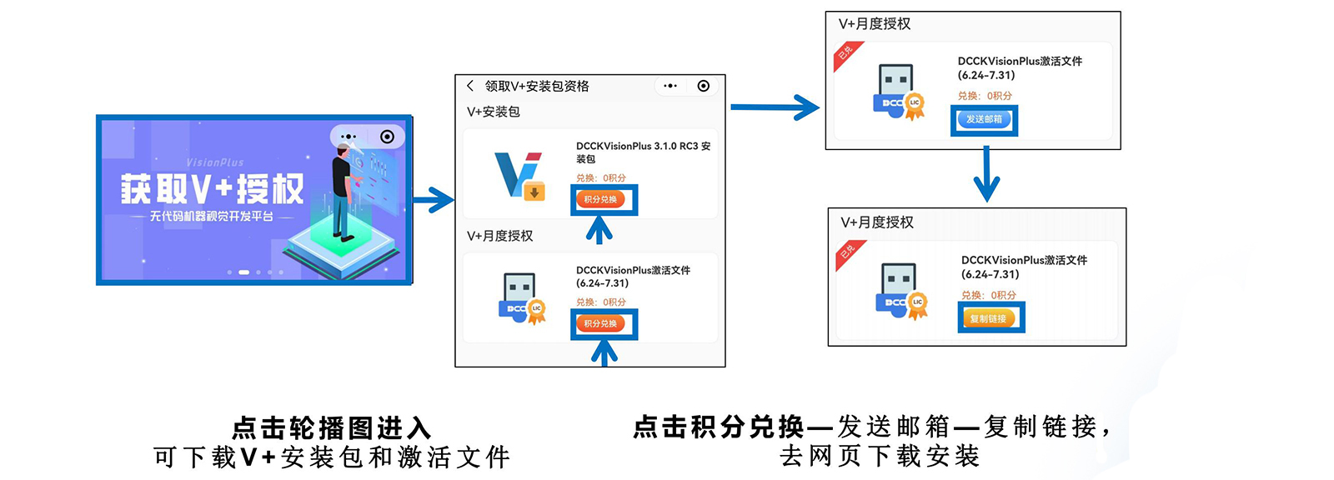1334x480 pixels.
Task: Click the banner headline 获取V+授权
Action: pos(212,189)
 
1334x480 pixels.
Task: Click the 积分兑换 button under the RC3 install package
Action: pos(600,200)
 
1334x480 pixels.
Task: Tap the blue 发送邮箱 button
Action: pos(984,119)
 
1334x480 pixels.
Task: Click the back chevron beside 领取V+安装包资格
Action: pos(470,86)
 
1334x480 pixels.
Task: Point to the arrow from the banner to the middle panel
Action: pos(433,200)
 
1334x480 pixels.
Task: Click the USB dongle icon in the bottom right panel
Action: pos(901,292)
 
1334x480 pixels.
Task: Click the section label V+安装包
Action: pos(493,112)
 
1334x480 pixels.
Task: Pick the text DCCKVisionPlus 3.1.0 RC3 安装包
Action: pos(643,152)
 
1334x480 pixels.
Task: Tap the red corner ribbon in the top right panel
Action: pos(846,55)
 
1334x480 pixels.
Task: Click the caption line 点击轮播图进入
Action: pos(331,428)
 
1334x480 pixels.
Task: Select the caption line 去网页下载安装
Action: pos(880,456)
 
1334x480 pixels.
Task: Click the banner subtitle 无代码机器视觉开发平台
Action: pos(212,217)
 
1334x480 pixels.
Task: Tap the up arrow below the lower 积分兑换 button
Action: pos(604,353)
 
